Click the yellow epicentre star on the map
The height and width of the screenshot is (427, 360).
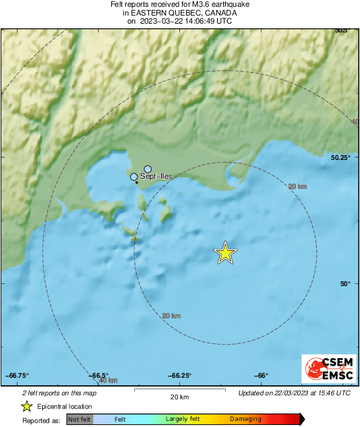pos(226,252)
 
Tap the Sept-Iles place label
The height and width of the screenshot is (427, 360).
pos(156,177)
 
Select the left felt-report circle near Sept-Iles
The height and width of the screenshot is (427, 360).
pos(134,177)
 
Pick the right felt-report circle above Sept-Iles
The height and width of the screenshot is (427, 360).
pos(148,169)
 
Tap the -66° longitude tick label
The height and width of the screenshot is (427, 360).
pos(262,376)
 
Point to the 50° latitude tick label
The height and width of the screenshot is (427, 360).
pos(345,284)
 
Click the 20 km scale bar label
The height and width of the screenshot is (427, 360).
pos(179,397)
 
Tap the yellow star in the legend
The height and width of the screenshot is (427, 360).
pos(27,407)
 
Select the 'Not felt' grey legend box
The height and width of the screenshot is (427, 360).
pos(80,420)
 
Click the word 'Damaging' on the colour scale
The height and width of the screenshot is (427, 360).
pos(245,420)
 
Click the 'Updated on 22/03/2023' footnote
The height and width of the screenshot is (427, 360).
pos(294,393)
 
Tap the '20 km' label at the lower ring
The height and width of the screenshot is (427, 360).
pos(172,316)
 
